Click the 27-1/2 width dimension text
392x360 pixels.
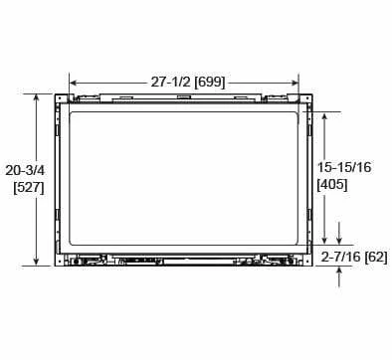pos(170,82)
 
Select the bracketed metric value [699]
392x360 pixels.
pos(210,82)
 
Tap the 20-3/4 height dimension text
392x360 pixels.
pos(25,170)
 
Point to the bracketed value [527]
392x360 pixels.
pos(29,188)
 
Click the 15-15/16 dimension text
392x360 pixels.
pos(344,167)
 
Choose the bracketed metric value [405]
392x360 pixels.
pos(332,185)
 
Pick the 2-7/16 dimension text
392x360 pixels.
pos(341,257)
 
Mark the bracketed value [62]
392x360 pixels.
pos(376,257)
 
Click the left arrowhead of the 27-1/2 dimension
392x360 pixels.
pos(74,83)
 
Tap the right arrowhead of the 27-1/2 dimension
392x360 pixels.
pos(294,83)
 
